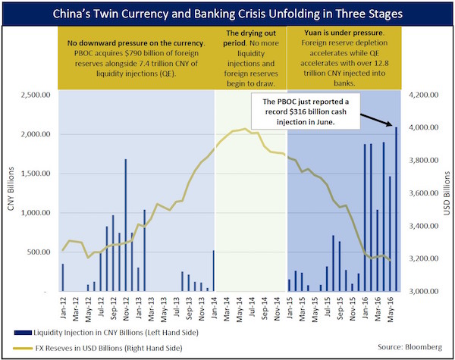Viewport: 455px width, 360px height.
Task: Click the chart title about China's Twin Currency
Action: (x=227, y=14)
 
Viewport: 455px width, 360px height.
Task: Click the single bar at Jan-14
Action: (x=213, y=271)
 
